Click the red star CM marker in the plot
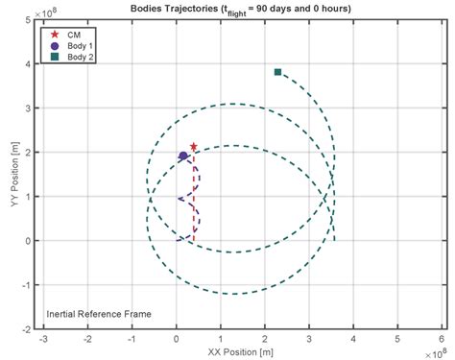(x=194, y=147)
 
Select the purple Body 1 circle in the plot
(x=183, y=156)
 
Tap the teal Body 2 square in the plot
(x=277, y=72)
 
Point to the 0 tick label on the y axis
(x=31, y=240)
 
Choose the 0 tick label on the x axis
(x=176, y=339)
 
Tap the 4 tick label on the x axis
(x=353, y=339)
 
